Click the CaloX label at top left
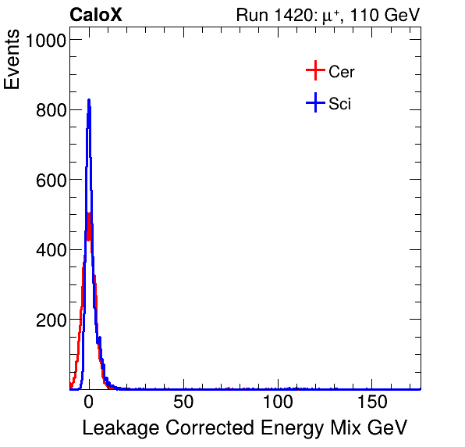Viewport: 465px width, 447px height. coord(96,15)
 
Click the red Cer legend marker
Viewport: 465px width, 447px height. coord(314,71)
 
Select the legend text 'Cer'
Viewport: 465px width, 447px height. coord(342,72)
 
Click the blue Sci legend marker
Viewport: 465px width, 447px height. coord(314,103)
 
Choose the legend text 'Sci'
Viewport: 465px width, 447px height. coord(340,104)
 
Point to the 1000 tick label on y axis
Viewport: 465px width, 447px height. coord(44,41)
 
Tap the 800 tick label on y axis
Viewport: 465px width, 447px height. coord(49,110)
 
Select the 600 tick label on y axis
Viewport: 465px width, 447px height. coord(49,180)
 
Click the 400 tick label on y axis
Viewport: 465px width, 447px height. coord(49,250)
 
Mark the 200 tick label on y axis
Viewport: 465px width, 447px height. coord(49,320)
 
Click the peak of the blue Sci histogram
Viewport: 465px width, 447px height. coord(89,100)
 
